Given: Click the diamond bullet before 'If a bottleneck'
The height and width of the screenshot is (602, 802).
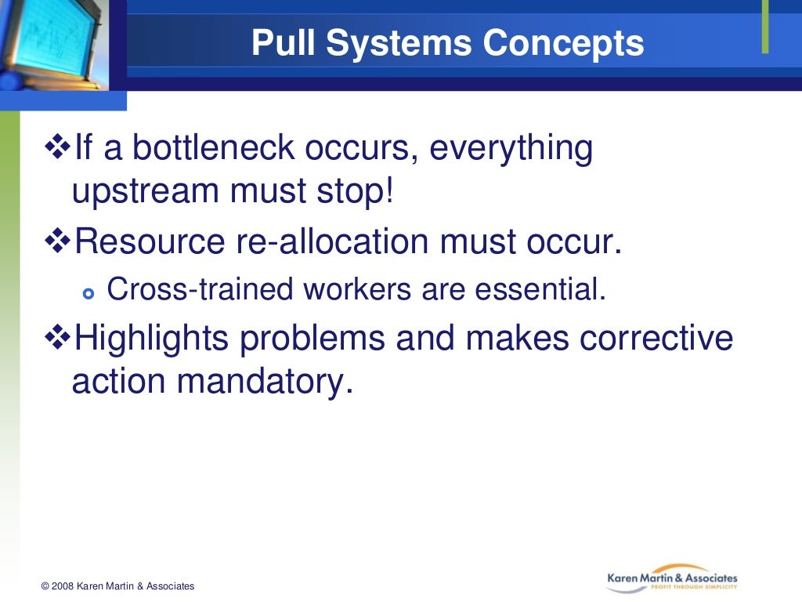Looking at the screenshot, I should coord(58,147).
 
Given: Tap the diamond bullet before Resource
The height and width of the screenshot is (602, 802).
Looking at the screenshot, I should coord(58,243).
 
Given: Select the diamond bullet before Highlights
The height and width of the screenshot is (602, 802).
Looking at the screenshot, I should coord(58,339).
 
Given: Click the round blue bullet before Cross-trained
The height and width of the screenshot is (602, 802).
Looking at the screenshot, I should coord(88,293).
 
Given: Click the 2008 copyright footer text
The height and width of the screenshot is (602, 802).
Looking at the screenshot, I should coord(117,586).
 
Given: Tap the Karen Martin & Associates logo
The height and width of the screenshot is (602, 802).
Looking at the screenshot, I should coord(672,580).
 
